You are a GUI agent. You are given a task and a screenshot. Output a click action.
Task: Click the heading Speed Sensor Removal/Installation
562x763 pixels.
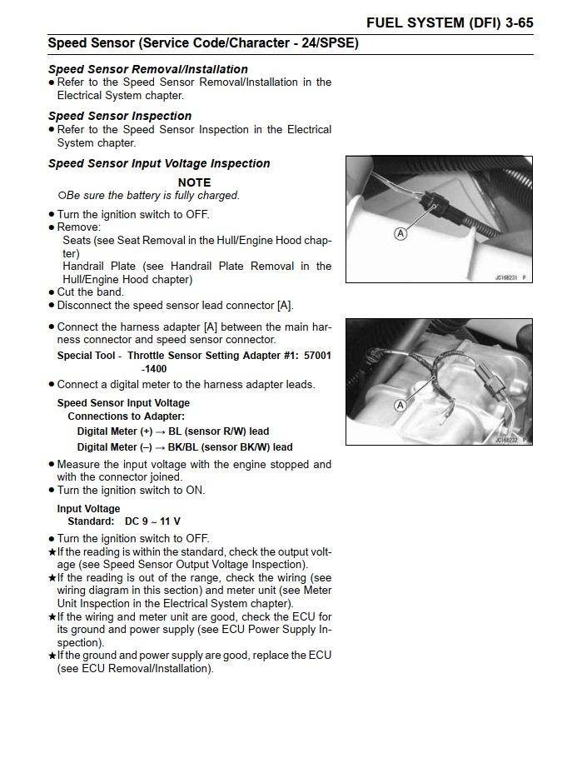point(147,69)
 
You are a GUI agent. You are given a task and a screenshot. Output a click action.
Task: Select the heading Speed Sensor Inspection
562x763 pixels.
point(120,116)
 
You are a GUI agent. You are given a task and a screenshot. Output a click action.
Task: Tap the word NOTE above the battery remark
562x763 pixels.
point(194,182)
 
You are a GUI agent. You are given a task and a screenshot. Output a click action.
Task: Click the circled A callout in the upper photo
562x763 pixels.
point(400,234)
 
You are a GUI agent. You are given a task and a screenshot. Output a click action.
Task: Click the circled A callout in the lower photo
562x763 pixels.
point(400,405)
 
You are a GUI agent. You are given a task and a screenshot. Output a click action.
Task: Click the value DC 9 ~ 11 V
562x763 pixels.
point(152,521)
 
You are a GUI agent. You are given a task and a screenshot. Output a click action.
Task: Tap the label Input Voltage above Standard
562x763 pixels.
point(88,509)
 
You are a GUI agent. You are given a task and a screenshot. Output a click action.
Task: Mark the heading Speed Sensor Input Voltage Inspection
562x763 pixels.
point(159,163)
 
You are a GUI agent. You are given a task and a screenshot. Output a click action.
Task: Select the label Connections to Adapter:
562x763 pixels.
point(126,416)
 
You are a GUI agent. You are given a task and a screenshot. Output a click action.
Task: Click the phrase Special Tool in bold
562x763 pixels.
point(87,356)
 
